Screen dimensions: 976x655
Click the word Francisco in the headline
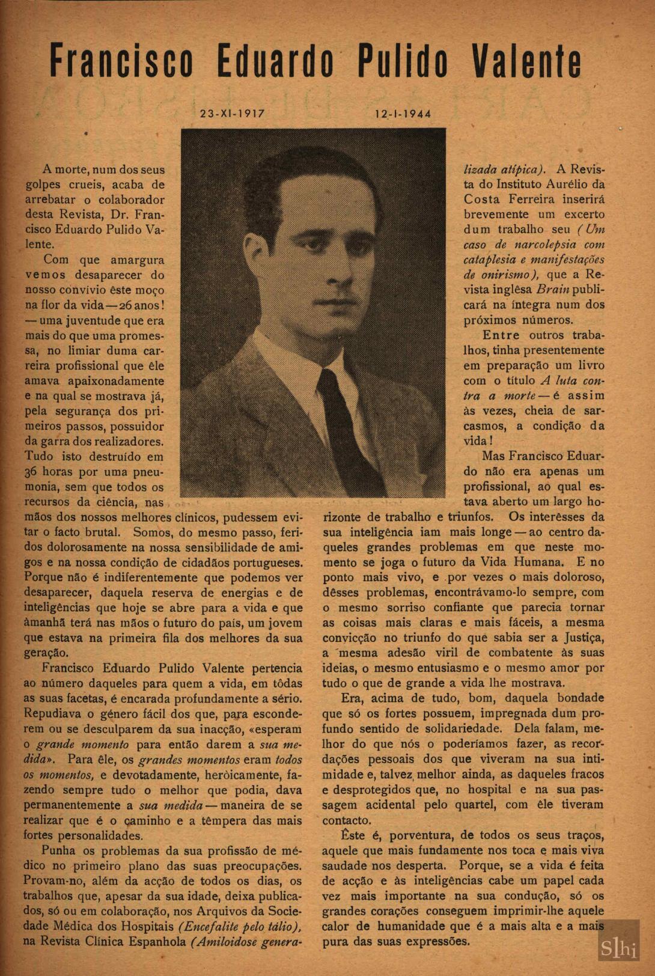coord(121,61)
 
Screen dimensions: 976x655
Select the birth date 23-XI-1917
coord(233,114)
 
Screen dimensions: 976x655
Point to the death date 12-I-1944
coord(403,114)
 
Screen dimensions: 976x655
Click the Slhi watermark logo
coord(618,948)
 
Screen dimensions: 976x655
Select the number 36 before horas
coord(31,472)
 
